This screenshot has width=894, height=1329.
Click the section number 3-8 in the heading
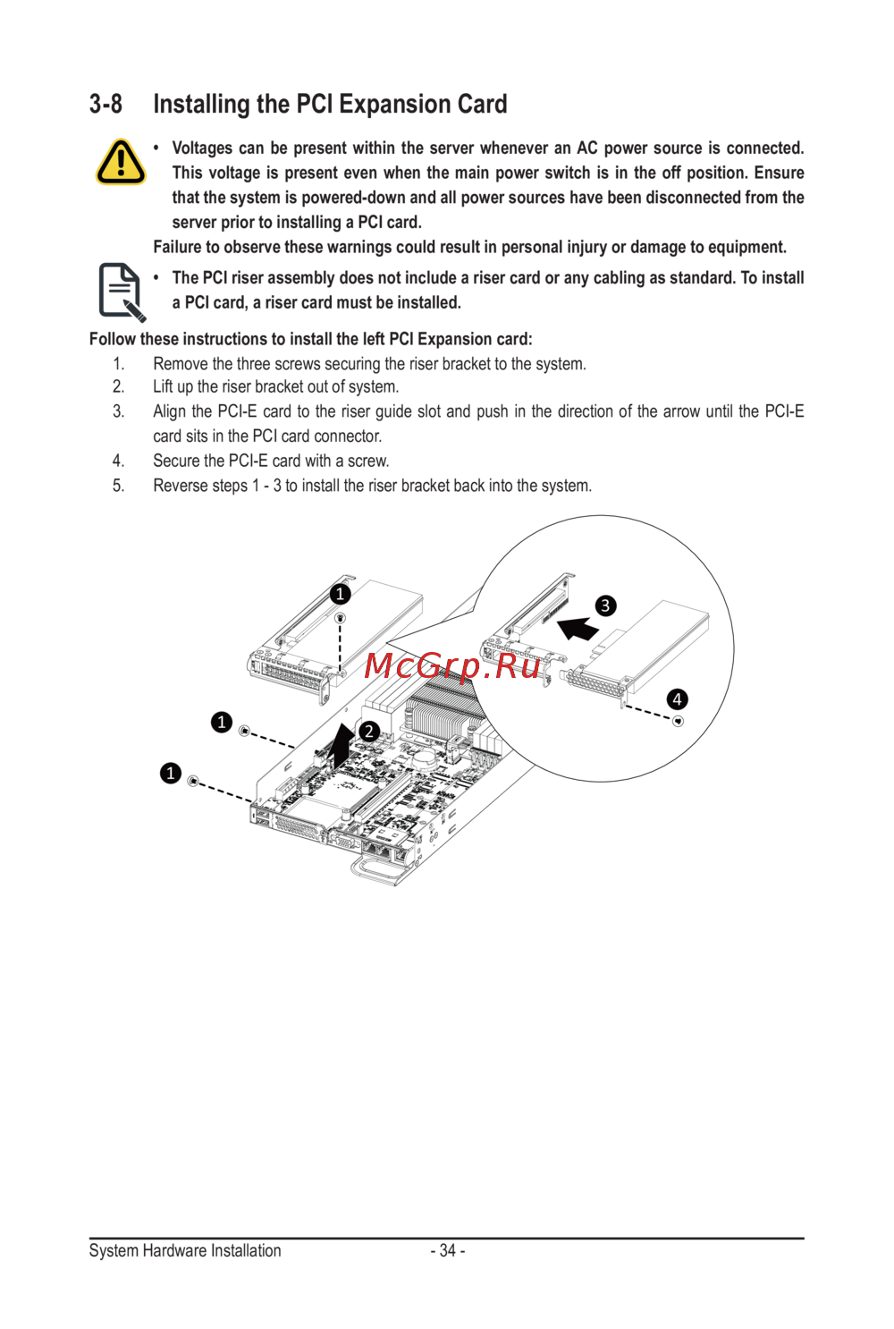[105, 105]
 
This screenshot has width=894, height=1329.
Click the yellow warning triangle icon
[121, 162]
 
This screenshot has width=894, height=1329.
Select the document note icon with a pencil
[121, 292]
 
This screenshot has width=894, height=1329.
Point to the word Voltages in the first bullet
[202, 148]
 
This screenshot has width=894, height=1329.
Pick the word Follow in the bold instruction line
[112, 339]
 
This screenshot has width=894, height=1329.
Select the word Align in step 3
[170, 411]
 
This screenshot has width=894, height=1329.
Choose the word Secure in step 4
[176, 461]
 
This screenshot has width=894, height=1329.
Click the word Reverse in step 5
[180, 486]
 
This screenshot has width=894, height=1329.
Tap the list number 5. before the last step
[118, 486]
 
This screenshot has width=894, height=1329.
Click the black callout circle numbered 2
[368, 731]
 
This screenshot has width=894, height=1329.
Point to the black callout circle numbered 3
[605, 605]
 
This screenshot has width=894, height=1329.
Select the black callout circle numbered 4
[677, 698]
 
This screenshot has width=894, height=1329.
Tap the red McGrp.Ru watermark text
[452, 666]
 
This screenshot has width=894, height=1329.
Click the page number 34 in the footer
[447, 1250]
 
